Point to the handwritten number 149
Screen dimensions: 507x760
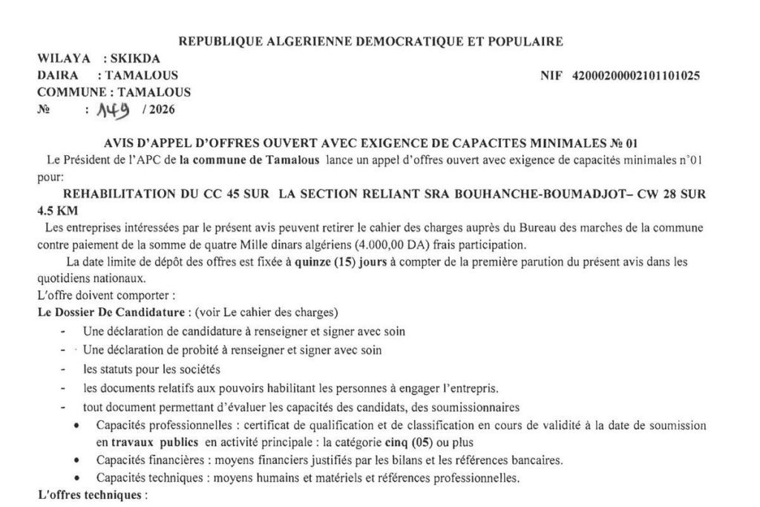104,110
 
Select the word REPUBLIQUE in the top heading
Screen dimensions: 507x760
220,41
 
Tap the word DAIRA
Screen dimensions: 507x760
55,76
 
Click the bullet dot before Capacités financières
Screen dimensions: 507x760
79,459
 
